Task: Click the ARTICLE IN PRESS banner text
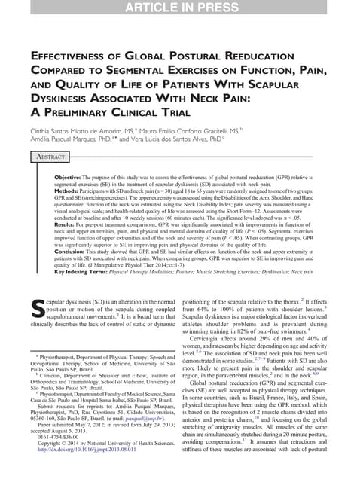coord(179,8)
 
